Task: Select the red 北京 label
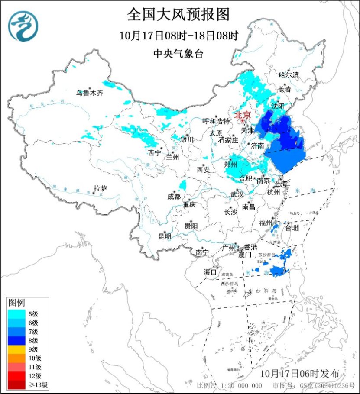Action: pos(243,115)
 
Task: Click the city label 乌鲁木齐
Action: pos(90,93)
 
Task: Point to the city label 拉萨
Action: pos(100,188)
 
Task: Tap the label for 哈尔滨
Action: pos(289,75)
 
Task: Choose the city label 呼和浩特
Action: pos(217,121)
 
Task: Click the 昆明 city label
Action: pos(165,236)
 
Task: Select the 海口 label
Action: pos(210,272)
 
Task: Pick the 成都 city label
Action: pos(174,196)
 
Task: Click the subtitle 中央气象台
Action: pos(178,54)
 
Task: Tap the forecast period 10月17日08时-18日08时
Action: pos(179,36)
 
